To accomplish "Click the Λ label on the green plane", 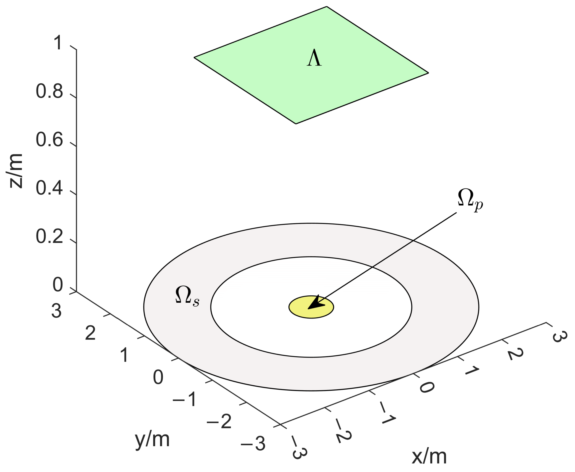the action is point(314,58).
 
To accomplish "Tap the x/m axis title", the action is point(429,456).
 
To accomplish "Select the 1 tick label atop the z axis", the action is point(58,43).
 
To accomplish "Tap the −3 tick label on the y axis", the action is point(253,444).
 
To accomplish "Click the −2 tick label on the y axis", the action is point(219,422).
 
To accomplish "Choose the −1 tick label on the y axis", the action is point(185,399).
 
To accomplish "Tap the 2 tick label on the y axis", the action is point(90,333).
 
